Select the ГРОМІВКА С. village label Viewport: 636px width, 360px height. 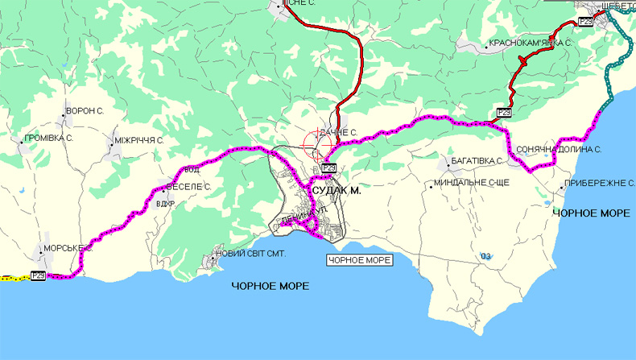[48, 139]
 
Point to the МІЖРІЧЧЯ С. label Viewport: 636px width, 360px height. [138, 139]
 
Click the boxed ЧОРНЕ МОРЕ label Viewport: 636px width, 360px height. [359, 260]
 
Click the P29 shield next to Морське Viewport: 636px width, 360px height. [39, 276]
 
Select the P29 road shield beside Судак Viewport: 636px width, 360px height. [328, 168]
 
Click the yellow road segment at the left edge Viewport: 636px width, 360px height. [14, 277]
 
